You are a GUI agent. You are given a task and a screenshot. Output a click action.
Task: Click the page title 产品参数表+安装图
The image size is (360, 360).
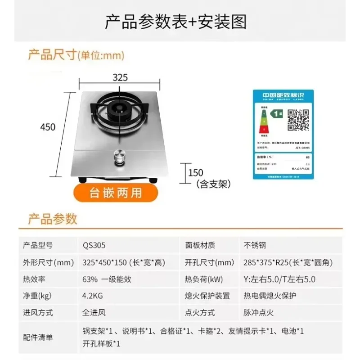tap(175, 22)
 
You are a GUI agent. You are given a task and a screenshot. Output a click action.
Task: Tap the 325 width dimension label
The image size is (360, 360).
tap(120, 77)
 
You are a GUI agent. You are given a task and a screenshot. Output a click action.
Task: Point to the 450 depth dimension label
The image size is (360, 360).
tap(48, 127)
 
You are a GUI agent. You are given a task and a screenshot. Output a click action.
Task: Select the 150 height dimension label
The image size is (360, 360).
tap(196, 172)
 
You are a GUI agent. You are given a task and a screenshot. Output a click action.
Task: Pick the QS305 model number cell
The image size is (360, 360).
tap(94, 245)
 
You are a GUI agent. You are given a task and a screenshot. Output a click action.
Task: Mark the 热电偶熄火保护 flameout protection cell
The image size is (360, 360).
tap(270, 296)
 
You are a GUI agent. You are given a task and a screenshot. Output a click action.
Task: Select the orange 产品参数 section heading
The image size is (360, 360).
tap(53, 219)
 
